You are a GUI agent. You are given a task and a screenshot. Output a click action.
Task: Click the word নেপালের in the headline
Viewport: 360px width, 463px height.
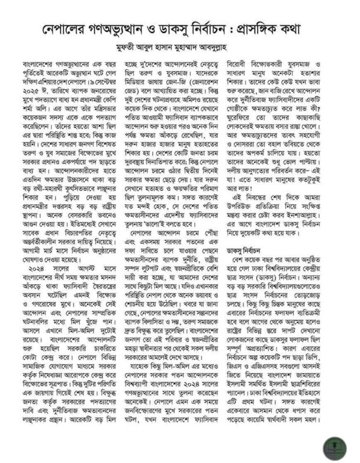click(x=69, y=29)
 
